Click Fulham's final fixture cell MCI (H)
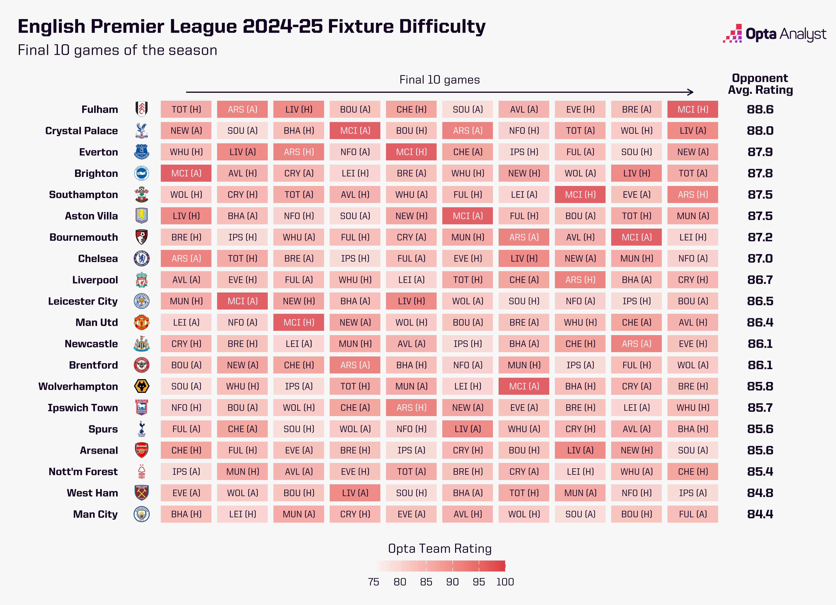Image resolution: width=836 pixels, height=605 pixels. click(x=693, y=109)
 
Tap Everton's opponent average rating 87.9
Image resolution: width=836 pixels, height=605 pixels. click(x=760, y=152)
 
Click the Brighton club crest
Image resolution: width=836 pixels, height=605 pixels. click(x=142, y=173)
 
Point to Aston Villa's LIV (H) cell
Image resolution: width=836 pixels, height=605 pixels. click(x=186, y=216)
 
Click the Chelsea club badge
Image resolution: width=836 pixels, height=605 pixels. click(x=142, y=259)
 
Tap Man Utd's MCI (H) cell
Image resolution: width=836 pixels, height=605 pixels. click(x=299, y=322)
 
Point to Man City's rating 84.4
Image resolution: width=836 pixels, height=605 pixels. click(x=760, y=514)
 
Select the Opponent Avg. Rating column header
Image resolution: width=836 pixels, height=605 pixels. click(x=760, y=84)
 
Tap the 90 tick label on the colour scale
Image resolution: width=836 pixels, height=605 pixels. click(x=452, y=582)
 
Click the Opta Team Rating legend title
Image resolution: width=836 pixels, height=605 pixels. click(x=440, y=549)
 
